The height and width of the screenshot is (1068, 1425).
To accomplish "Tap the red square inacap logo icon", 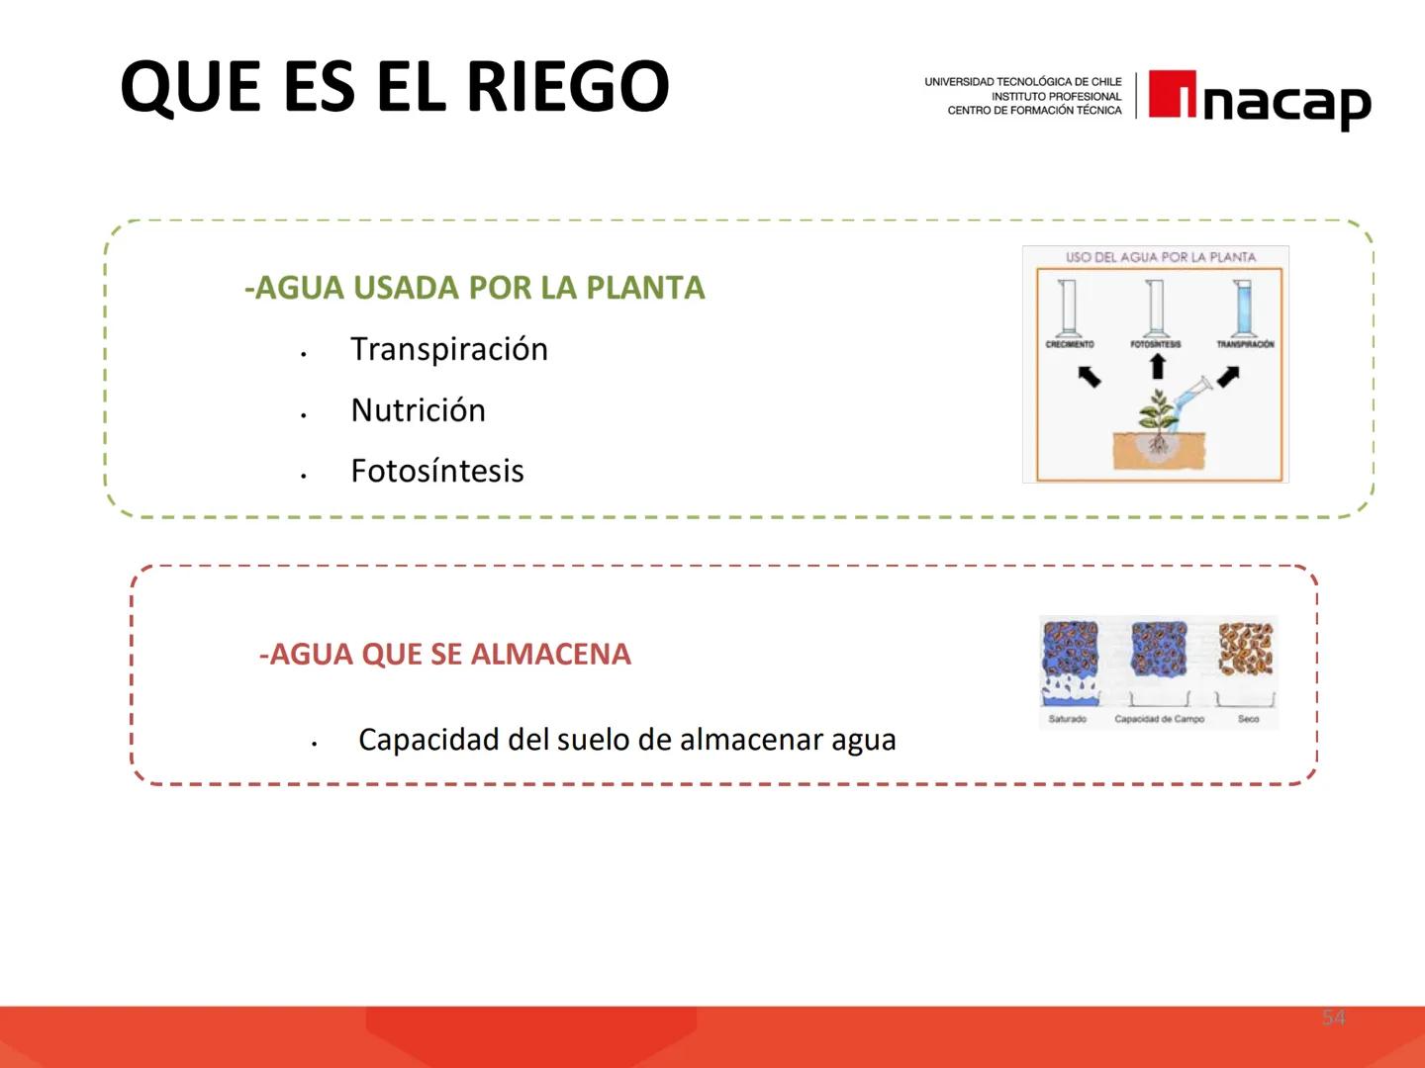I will click(1173, 95).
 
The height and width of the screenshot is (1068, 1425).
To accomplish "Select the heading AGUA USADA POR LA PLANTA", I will click(474, 288).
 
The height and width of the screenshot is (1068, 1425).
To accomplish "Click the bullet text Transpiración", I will click(448, 349).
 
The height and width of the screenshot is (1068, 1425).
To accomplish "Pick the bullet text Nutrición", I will click(418, 410).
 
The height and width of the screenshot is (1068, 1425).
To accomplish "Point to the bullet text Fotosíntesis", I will click(436, 471).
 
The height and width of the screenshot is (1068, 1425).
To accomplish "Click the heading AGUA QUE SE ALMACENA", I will click(444, 655).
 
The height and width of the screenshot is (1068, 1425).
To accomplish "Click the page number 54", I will click(1334, 1018).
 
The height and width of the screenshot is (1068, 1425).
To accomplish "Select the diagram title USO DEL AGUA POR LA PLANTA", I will click(1160, 257).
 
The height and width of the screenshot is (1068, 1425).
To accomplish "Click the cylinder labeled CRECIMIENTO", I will click(1068, 308).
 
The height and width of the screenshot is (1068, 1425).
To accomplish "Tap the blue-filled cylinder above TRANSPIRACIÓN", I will click(1242, 308).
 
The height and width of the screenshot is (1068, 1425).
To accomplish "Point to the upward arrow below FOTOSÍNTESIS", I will click(1157, 367).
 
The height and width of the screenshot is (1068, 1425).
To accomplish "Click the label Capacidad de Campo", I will click(1159, 719).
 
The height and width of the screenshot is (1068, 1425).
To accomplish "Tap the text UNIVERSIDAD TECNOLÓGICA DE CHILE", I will click(1022, 82).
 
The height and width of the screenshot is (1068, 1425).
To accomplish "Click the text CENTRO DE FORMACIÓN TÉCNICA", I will click(1034, 111).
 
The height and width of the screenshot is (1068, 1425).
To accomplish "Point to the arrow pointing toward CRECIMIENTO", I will click(1089, 376).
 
